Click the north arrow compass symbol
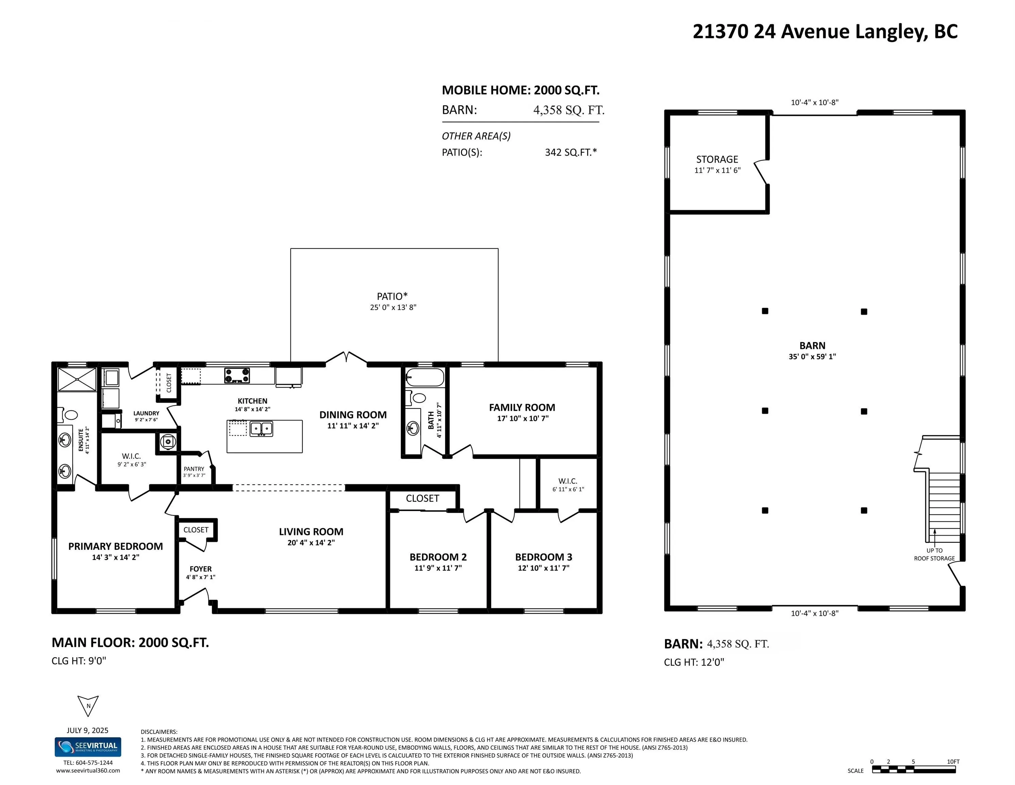(88, 706)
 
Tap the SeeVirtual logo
(88, 747)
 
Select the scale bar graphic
(914, 770)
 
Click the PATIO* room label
(392, 296)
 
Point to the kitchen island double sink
(261, 428)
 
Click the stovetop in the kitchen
(237, 375)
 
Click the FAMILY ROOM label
(522, 407)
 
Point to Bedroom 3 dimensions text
(544, 568)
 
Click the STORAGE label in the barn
(717, 159)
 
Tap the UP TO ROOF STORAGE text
(934, 554)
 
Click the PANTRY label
(194, 469)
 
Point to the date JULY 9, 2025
(88, 730)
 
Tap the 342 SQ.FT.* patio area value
(571, 152)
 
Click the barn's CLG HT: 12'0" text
(694, 662)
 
